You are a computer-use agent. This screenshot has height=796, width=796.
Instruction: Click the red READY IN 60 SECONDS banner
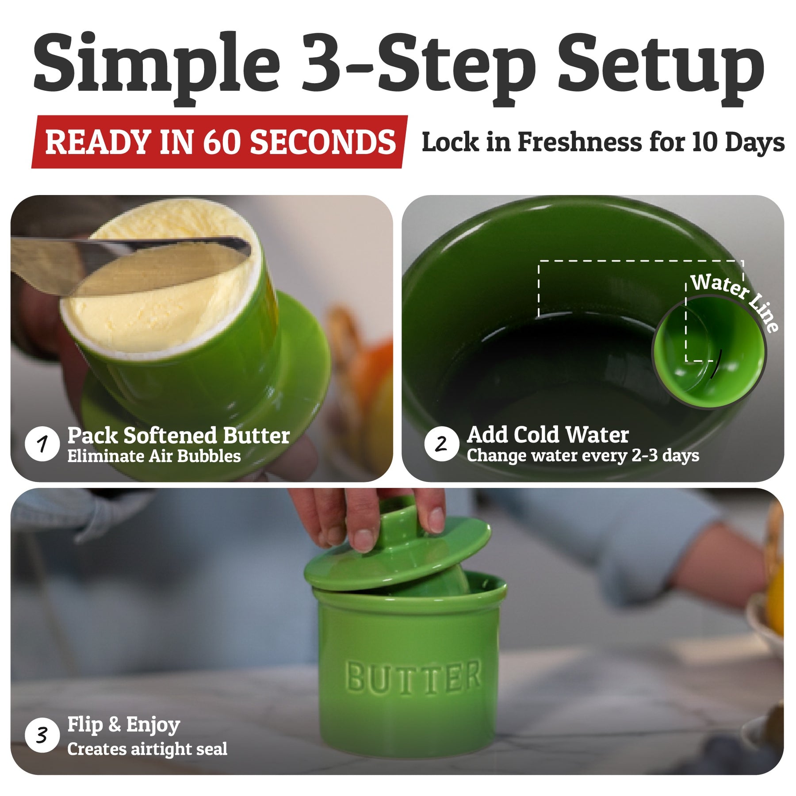tap(220, 142)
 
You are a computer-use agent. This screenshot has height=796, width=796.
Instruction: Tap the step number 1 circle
tap(42, 444)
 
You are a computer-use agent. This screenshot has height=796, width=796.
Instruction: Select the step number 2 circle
tap(441, 444)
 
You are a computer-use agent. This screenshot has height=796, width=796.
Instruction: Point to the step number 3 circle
tap(42, 735)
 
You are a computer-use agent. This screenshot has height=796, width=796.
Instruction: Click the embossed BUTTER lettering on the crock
tap(413, 676)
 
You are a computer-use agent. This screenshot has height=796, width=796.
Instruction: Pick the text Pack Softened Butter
tap(179, 436)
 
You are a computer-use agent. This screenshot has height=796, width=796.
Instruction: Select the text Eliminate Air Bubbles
tap(154, 456)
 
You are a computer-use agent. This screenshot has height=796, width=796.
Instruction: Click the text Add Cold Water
tap(548, 435)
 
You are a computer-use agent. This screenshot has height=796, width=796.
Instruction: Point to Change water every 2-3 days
tap(583, 455)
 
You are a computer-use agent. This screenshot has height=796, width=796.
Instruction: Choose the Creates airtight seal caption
tap(147, 749)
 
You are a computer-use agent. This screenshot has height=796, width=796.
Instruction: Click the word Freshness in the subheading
tap(580, 142)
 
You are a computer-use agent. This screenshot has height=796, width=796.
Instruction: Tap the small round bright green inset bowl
tap(709, 352)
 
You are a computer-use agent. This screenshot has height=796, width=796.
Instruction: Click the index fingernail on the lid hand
tap(364, 540)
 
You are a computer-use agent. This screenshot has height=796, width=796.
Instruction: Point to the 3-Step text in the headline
tap(418, 66)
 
